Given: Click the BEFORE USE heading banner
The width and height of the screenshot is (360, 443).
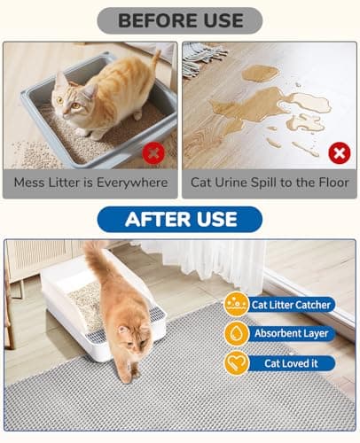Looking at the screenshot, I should (179, 19).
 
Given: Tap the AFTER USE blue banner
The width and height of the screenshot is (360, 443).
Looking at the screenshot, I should (179, 219).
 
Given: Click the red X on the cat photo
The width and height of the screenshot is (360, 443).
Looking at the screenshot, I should (154, 152).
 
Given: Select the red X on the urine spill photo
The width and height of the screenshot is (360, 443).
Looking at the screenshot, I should (339, 152).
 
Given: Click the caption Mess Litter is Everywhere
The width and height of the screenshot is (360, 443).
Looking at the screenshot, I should (90, 183).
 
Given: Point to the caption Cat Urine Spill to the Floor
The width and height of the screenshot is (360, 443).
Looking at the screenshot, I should (270, 183).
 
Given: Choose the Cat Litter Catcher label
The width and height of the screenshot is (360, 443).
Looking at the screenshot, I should (291, 305).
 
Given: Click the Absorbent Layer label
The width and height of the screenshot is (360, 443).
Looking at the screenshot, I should (291, 334).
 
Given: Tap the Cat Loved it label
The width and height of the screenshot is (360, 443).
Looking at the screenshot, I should (291, 363).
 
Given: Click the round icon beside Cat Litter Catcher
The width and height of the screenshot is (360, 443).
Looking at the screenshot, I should (236, 305).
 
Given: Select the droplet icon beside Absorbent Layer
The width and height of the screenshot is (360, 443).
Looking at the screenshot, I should (236, 334).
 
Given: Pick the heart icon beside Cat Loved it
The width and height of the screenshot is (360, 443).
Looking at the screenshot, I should (236, 363).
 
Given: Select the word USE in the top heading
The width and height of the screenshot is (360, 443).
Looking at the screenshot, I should (218, 19).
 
